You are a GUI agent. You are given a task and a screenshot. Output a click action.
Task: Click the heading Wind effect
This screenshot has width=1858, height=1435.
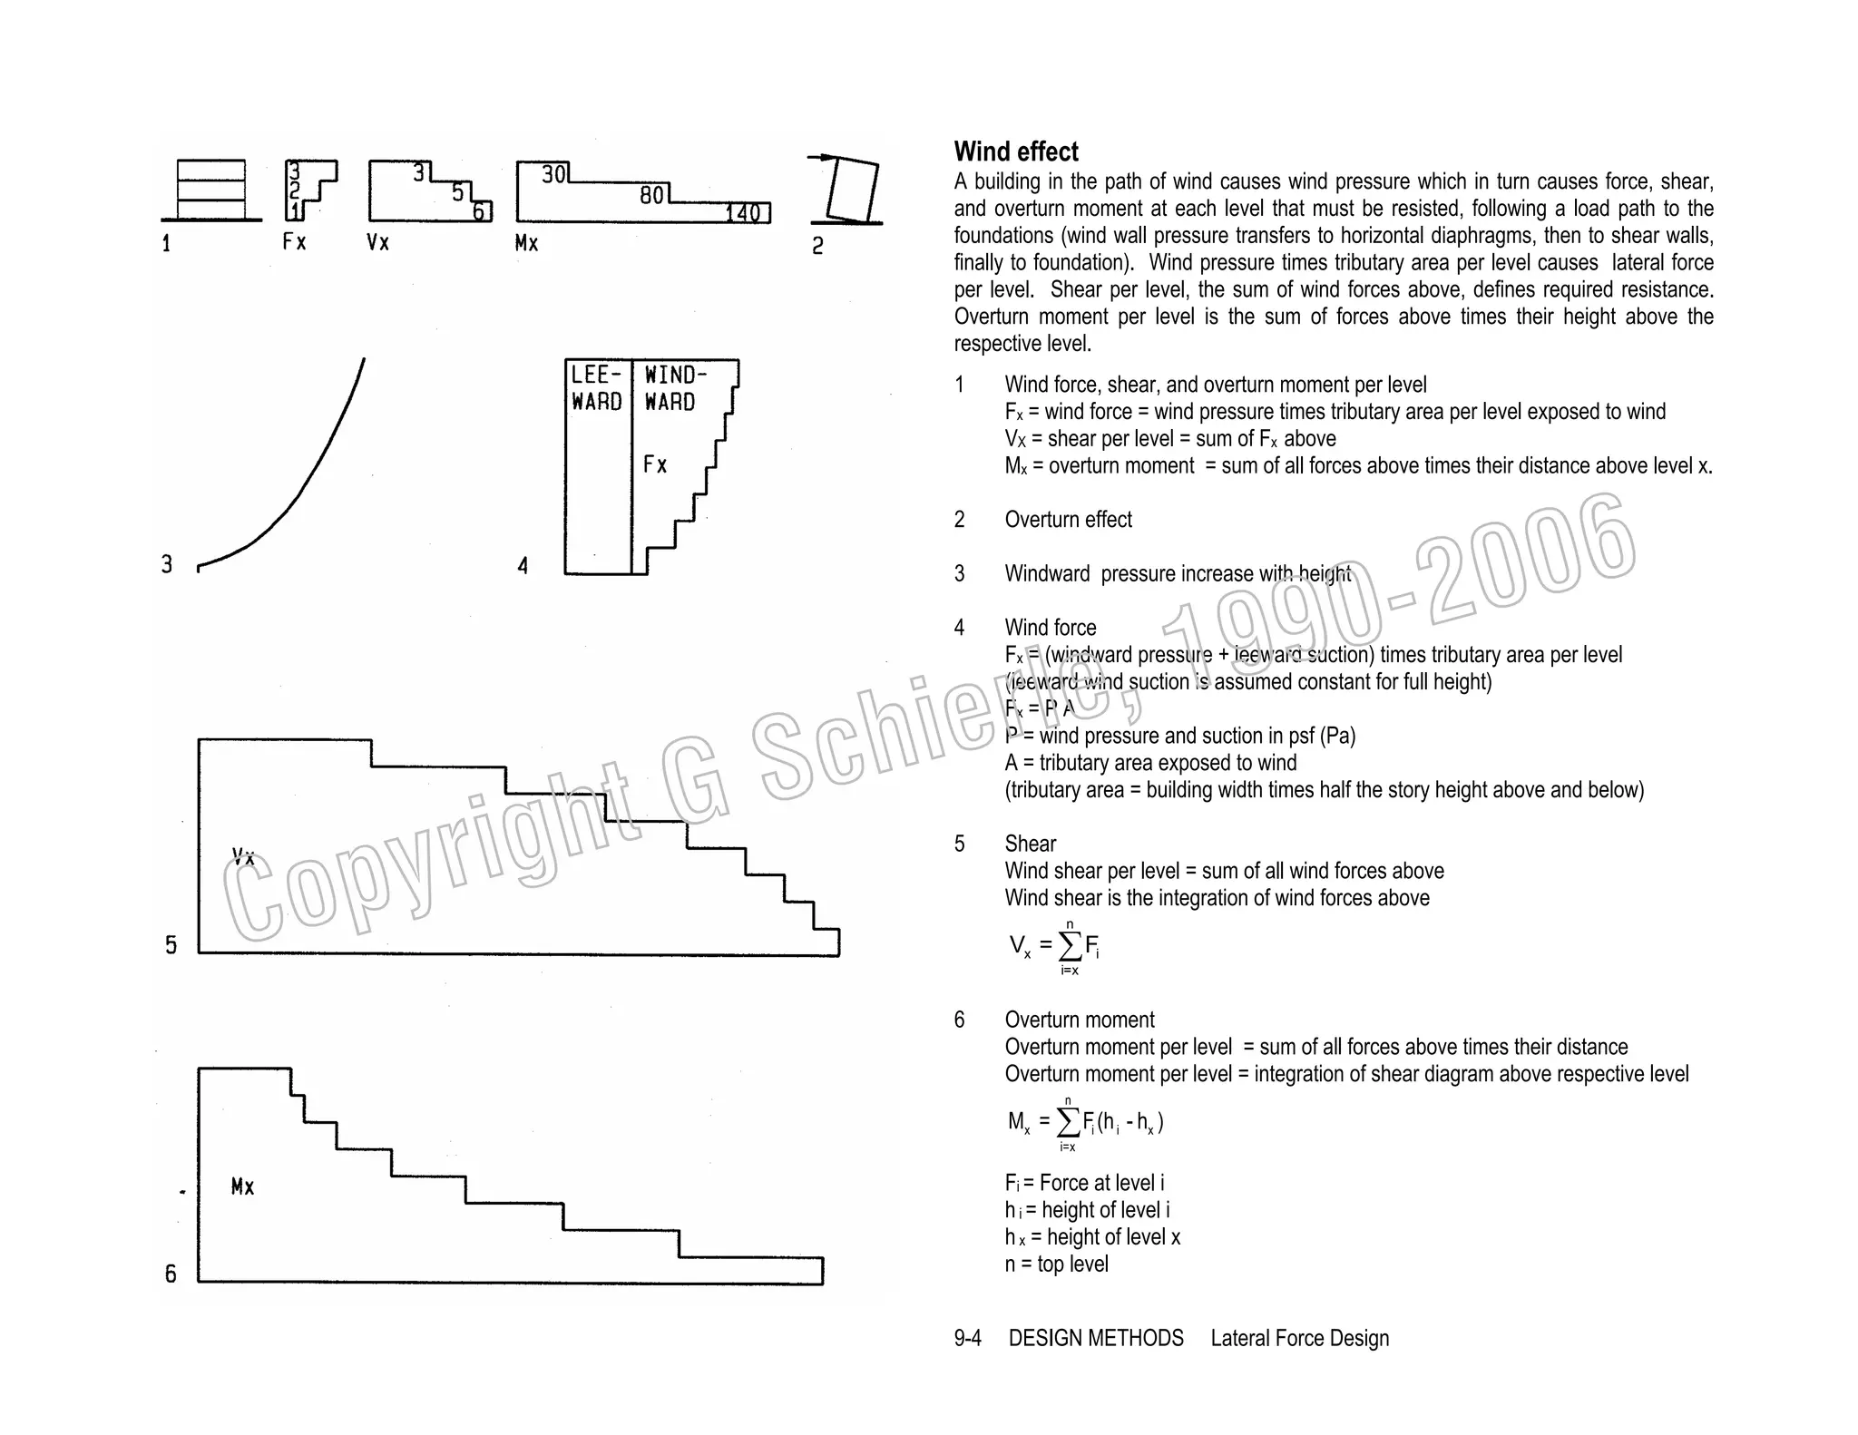click(x=1015, y=151)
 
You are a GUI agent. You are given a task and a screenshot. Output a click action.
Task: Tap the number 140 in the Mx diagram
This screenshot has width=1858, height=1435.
click(x=743, y=213)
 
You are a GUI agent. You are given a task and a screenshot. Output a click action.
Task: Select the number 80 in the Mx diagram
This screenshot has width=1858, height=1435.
click(x=651, y=195)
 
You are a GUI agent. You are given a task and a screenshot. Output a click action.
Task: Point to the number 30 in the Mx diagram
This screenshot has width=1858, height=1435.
click(x=553, y=174)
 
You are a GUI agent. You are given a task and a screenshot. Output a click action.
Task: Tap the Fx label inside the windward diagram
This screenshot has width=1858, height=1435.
click(x=655, y=464)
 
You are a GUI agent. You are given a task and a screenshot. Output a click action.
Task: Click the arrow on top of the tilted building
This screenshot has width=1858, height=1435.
click(x=821, y=158)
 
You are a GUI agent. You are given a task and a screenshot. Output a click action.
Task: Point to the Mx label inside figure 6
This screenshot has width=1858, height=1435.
click(x=242, y=1186)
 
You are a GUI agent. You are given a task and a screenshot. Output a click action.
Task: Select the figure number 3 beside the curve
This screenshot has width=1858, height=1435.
click(x=167, y=564)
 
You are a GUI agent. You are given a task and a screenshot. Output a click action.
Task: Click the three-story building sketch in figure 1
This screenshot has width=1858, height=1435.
click(x=211, y=189)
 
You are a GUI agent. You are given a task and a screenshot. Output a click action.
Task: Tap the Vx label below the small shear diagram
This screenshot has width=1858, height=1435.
click(x=377, y=242)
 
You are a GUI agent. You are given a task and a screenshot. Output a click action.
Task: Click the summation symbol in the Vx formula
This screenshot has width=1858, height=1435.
click(x=1071, y=946)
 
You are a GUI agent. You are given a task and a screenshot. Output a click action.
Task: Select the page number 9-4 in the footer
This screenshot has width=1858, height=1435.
click(x=967, y=1338)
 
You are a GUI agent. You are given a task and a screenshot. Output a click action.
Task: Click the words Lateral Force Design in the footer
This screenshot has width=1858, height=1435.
click(x=1299, y=1338)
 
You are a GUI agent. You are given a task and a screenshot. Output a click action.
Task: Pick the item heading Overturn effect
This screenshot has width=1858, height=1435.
click(x=1068, y=520)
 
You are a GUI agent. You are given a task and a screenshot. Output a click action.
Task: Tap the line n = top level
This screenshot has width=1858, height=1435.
click(x=1056, y=1264)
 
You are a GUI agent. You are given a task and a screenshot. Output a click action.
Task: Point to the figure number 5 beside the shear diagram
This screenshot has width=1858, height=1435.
click(x=171, y=945)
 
